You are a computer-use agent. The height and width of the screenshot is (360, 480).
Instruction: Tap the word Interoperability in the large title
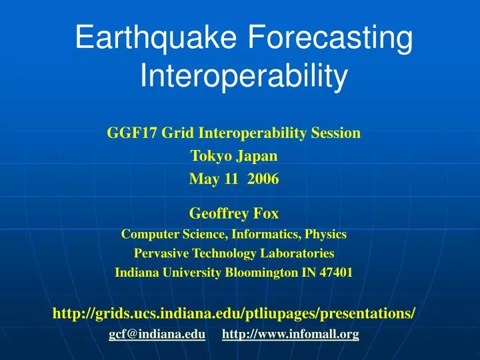[x=243, y=77]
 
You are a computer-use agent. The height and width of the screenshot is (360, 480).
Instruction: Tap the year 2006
[x=264, y=179]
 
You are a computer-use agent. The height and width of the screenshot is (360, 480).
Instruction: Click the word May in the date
[x=203, y=179]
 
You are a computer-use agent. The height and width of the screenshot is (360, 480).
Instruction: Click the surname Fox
[x=265, y=215]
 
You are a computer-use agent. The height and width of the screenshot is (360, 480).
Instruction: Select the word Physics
[x=326, y=235]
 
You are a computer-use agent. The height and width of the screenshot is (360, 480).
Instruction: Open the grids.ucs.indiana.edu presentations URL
[x=234, y=313]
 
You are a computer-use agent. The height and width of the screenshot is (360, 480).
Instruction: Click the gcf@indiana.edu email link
[x=157, y=335]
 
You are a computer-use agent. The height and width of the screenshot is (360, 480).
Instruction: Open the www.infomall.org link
[x=290, y=335]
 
